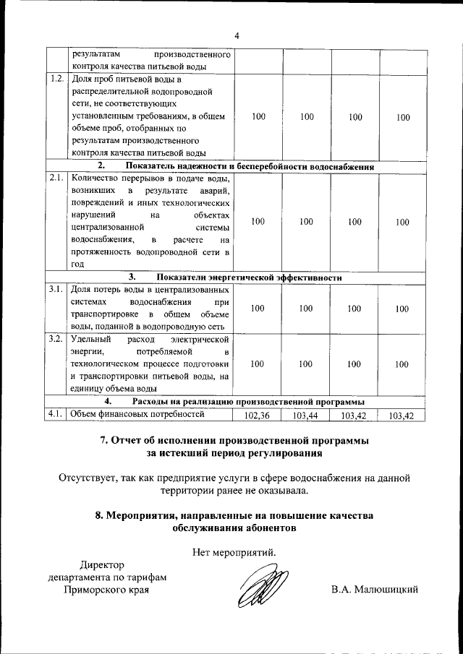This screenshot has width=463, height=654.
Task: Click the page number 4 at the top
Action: [237, 36]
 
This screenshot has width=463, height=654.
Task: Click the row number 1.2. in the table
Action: [56, 79]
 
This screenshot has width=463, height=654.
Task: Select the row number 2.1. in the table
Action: [56, 177]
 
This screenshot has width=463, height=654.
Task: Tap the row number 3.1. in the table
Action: [56, 289]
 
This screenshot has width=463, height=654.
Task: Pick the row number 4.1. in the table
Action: [56, 414]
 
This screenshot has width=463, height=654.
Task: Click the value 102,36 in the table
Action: [257, 415]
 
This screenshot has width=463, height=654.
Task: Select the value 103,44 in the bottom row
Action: [306, 415]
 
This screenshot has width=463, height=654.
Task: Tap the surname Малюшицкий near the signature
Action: [375, 590]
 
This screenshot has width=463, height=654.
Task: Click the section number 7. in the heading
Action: [103, 440]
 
